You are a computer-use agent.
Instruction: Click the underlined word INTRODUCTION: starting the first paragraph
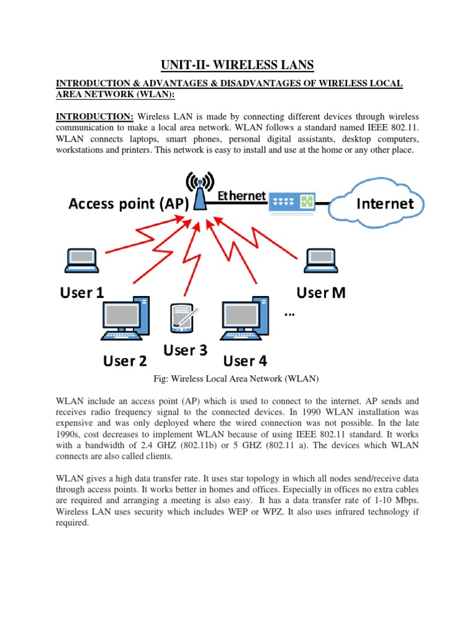[x=95, y=117]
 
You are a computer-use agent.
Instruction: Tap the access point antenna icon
[x=200, y=189]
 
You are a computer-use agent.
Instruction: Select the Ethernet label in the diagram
[x=241, y=195]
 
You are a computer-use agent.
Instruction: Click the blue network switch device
[x=291, y=202]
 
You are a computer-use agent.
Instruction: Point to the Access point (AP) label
[x=128, y=204]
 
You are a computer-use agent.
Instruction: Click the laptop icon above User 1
[x=82, y=260]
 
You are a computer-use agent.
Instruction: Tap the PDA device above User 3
[x=182, y=317]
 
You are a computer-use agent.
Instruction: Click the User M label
[x=320, y=292]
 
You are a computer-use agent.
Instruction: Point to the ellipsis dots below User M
[x=289, y=315]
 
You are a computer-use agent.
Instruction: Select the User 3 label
[x=184, y=350]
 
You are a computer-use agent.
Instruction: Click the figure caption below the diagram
[x=237, y=378]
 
